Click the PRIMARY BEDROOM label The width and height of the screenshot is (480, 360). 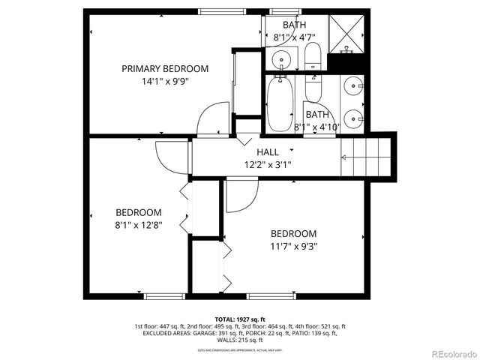pos(165,68)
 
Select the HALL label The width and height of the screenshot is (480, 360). pos(268,152)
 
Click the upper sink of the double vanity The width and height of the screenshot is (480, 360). pos(352,86)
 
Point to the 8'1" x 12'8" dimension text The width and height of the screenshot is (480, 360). pos(138,223)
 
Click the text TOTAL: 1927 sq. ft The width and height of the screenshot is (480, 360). pos(239,319)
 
